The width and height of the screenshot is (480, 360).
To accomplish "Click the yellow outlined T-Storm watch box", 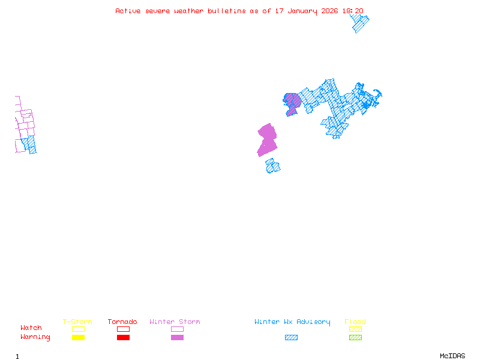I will pos(78,329).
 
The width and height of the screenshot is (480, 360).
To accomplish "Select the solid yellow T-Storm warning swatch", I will pos(78,338).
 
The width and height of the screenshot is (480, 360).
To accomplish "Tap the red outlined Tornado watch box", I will pos(123,329).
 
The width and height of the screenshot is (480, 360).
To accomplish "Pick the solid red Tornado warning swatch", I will pos(123,338).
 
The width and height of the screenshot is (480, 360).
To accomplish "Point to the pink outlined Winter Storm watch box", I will pos(177,329).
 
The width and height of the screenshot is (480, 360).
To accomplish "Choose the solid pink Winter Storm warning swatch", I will pos(177,338).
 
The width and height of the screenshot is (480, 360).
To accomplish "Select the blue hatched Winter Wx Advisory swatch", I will pos(291,338).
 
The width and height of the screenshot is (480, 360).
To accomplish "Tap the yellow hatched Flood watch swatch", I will pos(355,329).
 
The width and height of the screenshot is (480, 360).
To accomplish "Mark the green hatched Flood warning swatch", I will pos(355,338).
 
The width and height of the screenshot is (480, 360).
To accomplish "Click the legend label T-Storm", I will pos(77,322).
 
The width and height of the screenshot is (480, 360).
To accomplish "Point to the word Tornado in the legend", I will pos(122,322).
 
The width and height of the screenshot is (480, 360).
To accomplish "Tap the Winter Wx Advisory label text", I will pos(292,322).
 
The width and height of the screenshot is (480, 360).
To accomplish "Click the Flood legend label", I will pos(355,322).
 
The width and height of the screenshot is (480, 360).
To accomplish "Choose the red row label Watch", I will pos(31,328).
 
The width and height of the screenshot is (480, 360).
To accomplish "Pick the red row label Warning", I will pos(35,337).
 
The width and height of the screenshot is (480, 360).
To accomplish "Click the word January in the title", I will pos(303,11).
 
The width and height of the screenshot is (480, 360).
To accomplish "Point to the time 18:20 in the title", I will pos(353,11).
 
